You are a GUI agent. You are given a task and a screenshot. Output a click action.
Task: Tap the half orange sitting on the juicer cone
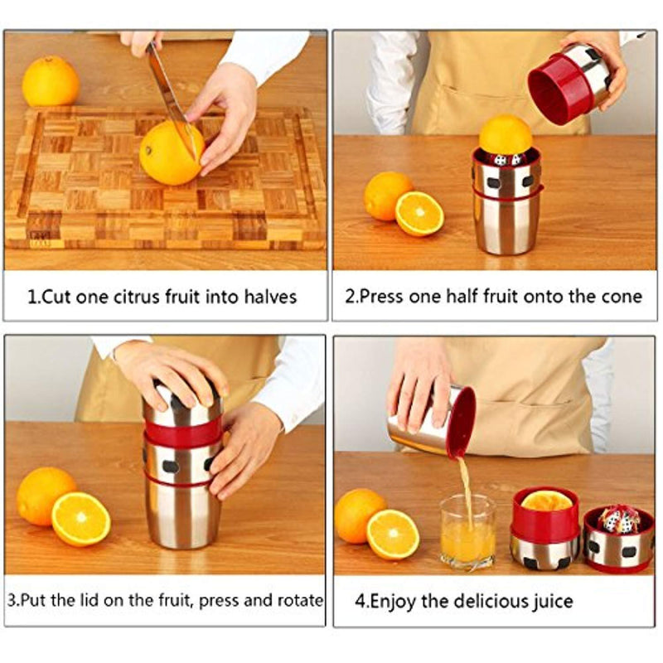pos(506,135)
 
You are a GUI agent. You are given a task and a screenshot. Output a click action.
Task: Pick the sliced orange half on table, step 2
pos(419,214)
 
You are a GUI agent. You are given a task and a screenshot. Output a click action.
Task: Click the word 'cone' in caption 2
pos(619,297)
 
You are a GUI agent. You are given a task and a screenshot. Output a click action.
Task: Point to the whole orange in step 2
pos(388,196)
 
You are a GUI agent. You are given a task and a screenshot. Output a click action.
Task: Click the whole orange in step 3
pos(46,496)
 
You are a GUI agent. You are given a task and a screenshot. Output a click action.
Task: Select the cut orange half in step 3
pos(81,519)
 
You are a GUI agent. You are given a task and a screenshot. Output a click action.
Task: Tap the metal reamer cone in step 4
pos(618,520)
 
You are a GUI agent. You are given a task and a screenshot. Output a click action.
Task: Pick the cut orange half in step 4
pos(393,534)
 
